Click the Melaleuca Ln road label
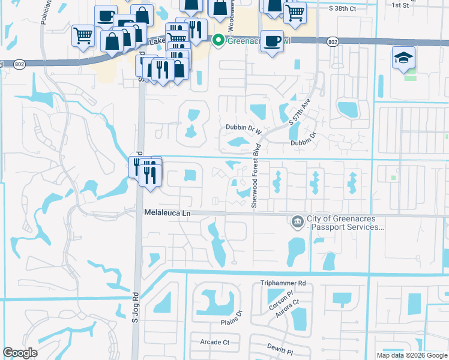coord(167,213)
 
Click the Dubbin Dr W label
coord(244,127)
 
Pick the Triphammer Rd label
coord(283,283)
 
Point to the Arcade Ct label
coord(209,342)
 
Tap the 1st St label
coord(400,5)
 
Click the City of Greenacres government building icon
coord(297,223)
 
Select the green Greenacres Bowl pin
coord(218,40)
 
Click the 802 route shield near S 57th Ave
coord(333,41)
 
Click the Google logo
coord(20,353)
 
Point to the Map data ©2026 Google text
coord(411,355)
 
